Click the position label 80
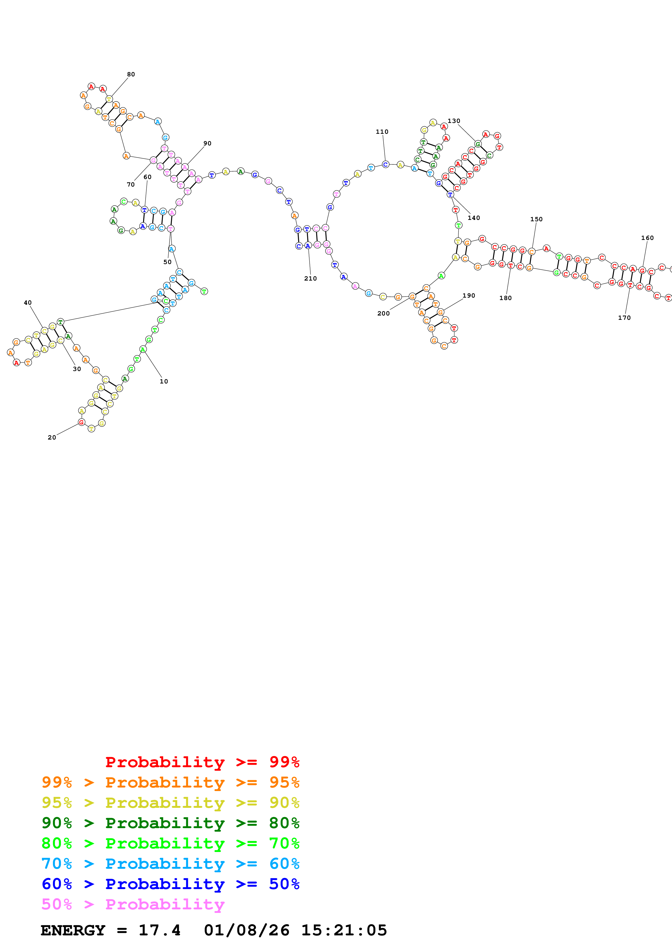click(131, 74)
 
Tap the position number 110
click(382, 132)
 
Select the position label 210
click(310, 278)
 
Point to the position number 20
click(52, 437)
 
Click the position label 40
click(28, 303)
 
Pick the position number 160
click(647, 238)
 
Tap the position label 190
click(469, 295)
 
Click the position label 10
click(164, 382)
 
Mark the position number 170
click(624, 318)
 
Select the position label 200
click(383, 313)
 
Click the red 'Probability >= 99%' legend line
click(202, 762)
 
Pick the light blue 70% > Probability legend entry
click(170, 864)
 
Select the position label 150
click(536, 219)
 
